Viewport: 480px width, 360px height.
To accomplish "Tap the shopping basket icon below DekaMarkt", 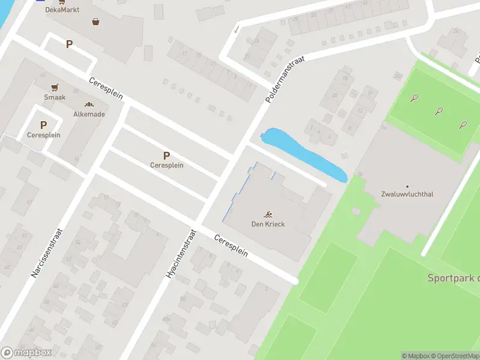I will tap(95, 22).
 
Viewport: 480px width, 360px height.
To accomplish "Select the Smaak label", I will tap(55, 97).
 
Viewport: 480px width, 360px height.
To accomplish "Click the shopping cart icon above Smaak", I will tap(55, 87).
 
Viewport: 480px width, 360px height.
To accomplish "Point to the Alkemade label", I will tap(89, 114).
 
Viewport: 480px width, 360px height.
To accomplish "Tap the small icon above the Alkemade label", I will tap(89, 104).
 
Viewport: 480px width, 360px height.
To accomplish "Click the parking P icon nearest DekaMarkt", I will tap(70, 44).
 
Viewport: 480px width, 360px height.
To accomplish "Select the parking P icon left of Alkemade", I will tap(43, 125).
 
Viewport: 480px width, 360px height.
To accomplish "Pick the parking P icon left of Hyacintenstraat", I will tap(167, 155).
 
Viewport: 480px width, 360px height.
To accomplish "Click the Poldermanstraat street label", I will tap(284, 78).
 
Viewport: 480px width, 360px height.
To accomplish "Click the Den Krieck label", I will tap(268, 224).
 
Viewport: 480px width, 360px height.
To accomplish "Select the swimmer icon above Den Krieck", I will tap(268, 214).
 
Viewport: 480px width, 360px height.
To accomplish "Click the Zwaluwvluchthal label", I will tap(407, 194).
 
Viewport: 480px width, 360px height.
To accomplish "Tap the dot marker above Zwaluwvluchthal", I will tap(407, 186).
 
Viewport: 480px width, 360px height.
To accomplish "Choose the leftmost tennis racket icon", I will tap(414, 98).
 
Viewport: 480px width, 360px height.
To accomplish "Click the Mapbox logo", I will tap(26, 352).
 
